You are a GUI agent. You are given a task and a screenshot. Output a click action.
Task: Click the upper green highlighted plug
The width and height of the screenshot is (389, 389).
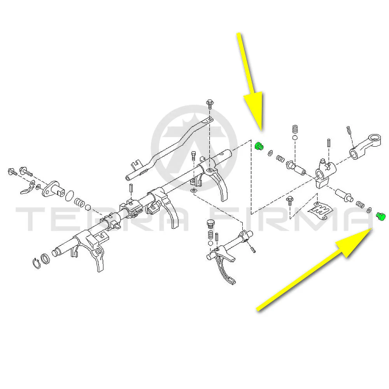tap(259, 146)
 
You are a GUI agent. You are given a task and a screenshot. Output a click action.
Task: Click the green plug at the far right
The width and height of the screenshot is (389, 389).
tap(380, 216)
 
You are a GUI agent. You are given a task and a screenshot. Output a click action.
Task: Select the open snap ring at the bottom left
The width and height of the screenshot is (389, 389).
tap(37, 263)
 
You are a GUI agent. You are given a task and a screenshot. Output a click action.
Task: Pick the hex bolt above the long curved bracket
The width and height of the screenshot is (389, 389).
tap(210, 104)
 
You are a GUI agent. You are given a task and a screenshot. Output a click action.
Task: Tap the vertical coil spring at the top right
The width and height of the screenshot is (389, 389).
tap(295, 129)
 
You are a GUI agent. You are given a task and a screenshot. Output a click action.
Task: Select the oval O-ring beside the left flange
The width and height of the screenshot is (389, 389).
tap(70, 196)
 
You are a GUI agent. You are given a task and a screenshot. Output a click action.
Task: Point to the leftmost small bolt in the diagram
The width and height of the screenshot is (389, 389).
tap(12, 172)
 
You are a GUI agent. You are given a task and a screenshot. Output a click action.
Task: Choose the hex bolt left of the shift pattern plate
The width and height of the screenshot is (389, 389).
tap(289, 200)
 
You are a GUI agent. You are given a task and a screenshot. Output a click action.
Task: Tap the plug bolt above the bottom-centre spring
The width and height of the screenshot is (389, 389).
tap(210, 224)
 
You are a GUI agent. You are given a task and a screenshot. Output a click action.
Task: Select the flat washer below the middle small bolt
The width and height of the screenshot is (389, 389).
tap(193, 191)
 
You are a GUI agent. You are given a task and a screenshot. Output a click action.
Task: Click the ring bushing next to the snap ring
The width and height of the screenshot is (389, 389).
tap(45, 259)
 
